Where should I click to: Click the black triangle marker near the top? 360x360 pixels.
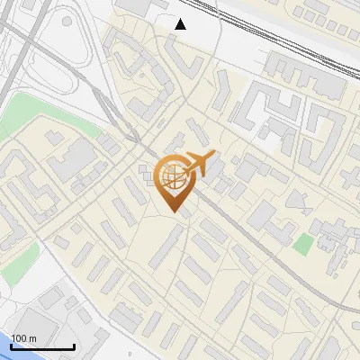coord(181,23)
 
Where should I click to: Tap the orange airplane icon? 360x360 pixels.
coord(199,165)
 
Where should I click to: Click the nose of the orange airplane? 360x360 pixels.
coord(214,156)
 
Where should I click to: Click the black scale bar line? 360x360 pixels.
coord(42,346)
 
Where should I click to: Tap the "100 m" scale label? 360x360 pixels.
coord(23,337)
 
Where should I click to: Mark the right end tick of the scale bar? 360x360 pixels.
coord(74,345)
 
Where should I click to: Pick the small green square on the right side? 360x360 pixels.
coord(304,243)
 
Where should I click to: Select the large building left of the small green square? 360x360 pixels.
coord(263,216)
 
